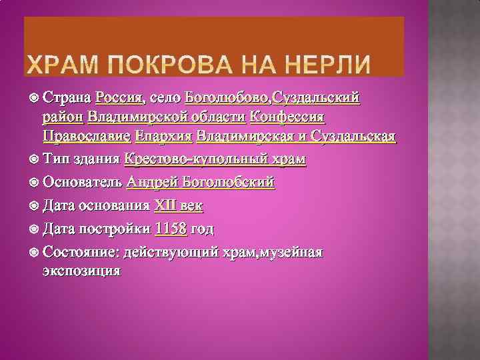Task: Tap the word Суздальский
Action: (x=313, y=98)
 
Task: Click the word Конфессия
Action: (x=286, y=117)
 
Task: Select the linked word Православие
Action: (x=86, y=137)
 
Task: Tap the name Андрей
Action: (x=151, y=183)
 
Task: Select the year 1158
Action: (x=170, y=229)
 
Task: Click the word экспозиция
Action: (x=81, y=271)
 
